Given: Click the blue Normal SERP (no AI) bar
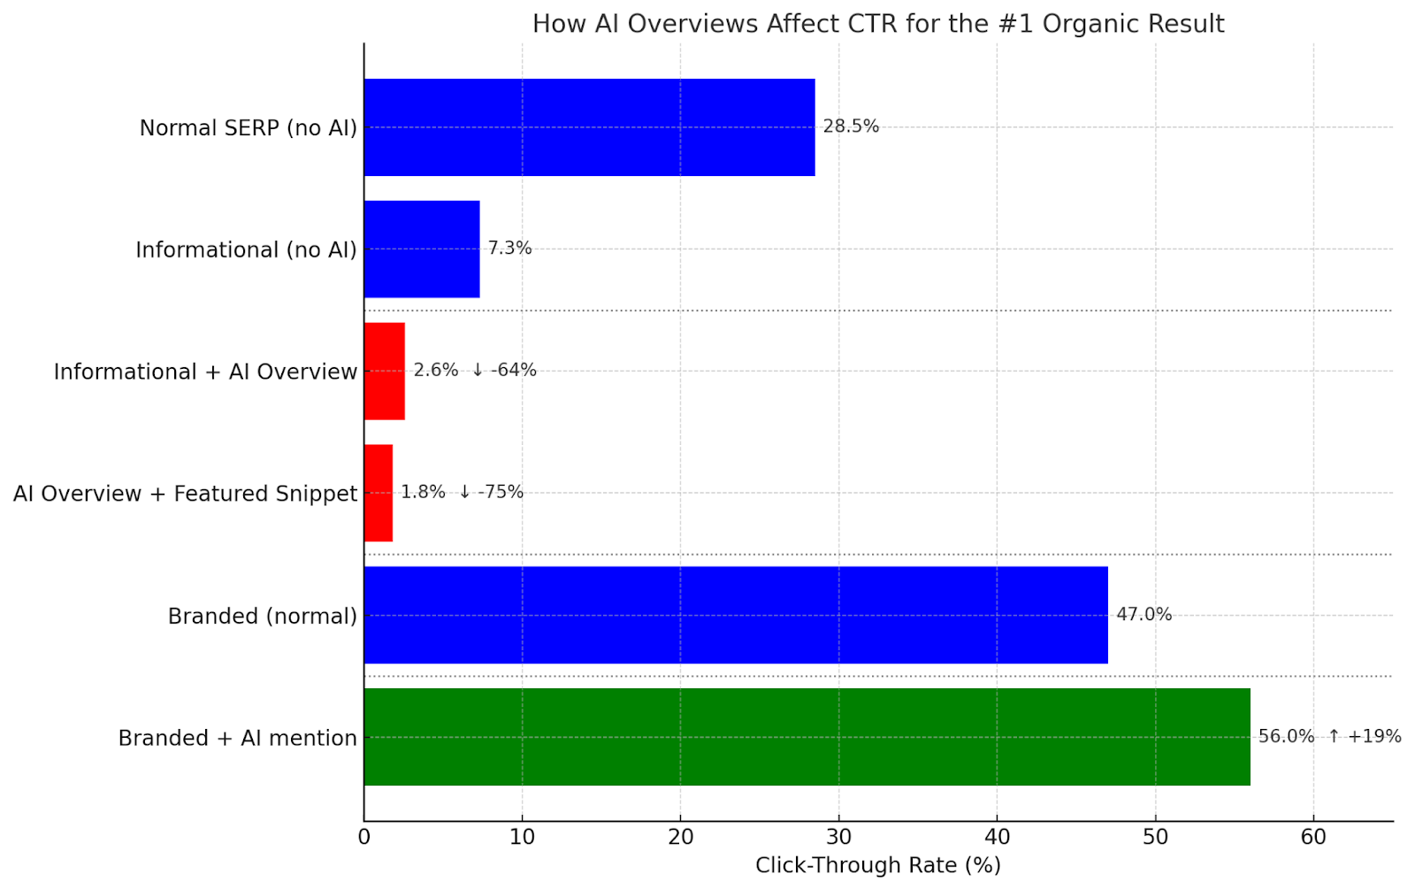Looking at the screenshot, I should (589, 127).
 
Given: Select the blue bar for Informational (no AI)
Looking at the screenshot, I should (422, 249).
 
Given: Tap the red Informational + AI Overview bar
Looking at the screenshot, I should (385, 372).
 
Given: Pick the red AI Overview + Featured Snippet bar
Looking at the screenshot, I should (379, 493).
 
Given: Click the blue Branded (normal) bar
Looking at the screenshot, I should (736, 615).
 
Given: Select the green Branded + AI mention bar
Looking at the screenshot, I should (807, 737).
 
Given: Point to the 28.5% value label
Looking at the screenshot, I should (851, 127).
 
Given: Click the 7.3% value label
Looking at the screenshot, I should (509, 249).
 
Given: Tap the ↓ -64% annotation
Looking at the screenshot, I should (504, 370).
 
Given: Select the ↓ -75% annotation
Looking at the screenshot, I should (491, 492).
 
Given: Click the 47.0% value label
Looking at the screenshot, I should (1143, 614).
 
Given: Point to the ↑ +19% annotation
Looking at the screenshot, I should (1365, 736).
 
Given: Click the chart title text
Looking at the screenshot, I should (878, 24).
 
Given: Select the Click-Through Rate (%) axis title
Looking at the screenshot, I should (877, 865).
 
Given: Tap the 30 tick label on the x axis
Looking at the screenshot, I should (838, 837).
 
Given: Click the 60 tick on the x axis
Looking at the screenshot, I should (1313, 837).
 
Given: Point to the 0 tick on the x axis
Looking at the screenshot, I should (364, 837).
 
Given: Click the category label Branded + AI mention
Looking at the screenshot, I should (237, 738).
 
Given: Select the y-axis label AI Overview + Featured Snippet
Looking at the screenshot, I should (185, 494).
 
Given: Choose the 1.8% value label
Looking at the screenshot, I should (423, 492).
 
